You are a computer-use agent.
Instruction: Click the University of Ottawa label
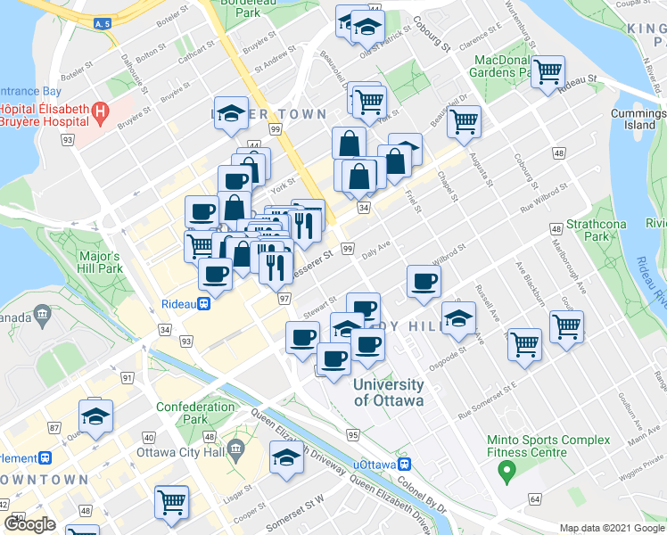pos(388,392)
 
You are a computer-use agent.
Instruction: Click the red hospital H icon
pos(100,113)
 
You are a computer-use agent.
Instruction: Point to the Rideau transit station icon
pos(204,304)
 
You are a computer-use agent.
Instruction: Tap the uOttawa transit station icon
pos(405,464)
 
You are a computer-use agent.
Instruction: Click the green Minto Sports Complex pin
pos(506,470)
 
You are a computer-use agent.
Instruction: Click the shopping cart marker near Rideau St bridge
pos(548,70)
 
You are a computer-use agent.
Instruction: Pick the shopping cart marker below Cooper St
pos(170,500)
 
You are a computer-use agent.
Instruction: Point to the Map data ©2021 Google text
pos(613,528)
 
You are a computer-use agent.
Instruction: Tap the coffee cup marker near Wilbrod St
pos(424,281)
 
